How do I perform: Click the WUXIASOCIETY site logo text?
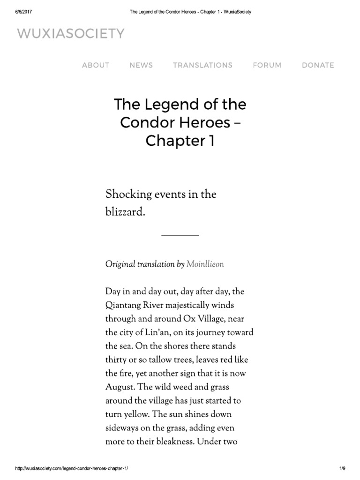pyautogui.click(x=71, y=34)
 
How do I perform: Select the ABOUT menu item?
pyautogui.click(x=96, y=65)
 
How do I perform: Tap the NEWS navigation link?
pyautogui.click(x=141, y=65)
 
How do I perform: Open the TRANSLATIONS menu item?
pyautogui.click(x=202, y=65)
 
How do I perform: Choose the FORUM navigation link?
pyautogui.click(x=267, y=65)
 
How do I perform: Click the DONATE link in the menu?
pyautogui.click(x=318, y=65)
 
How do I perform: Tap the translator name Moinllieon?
pyautogui.click(x=205, y=264)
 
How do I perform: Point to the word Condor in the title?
pyautogui.click(x=143, y=122)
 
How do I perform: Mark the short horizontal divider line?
pyautogui.click(x=180, y=235)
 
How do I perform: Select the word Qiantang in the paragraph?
pyautogui.click(x=125, y=305)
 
